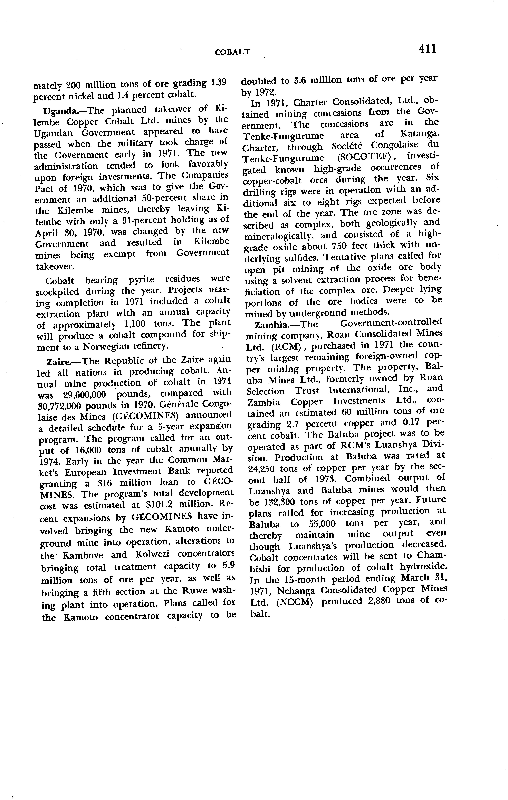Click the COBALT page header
[x=233, y=52]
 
